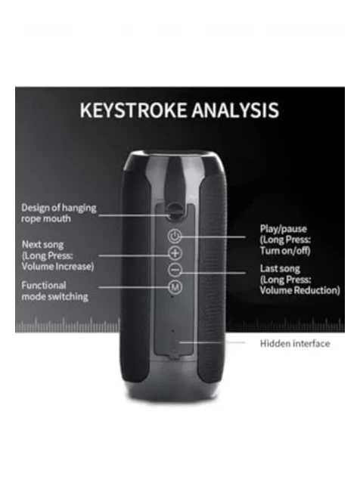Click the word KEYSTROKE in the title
pos(133,110)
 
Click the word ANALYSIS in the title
pos(235,110)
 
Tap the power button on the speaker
pos(175,237)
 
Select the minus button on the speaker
pos(175,271)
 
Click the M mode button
pos(175,287)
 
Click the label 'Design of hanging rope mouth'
pos(59,213)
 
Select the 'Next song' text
pos(42,244)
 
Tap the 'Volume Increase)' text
pos(57,266)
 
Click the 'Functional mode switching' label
pos(54,291)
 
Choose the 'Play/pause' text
pos(283,229)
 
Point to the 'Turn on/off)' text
pos(285,251)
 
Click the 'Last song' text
pos(280,268)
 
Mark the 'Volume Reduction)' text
pos(300,290)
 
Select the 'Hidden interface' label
pos(295,343)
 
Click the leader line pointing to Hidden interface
pos(213,342)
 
